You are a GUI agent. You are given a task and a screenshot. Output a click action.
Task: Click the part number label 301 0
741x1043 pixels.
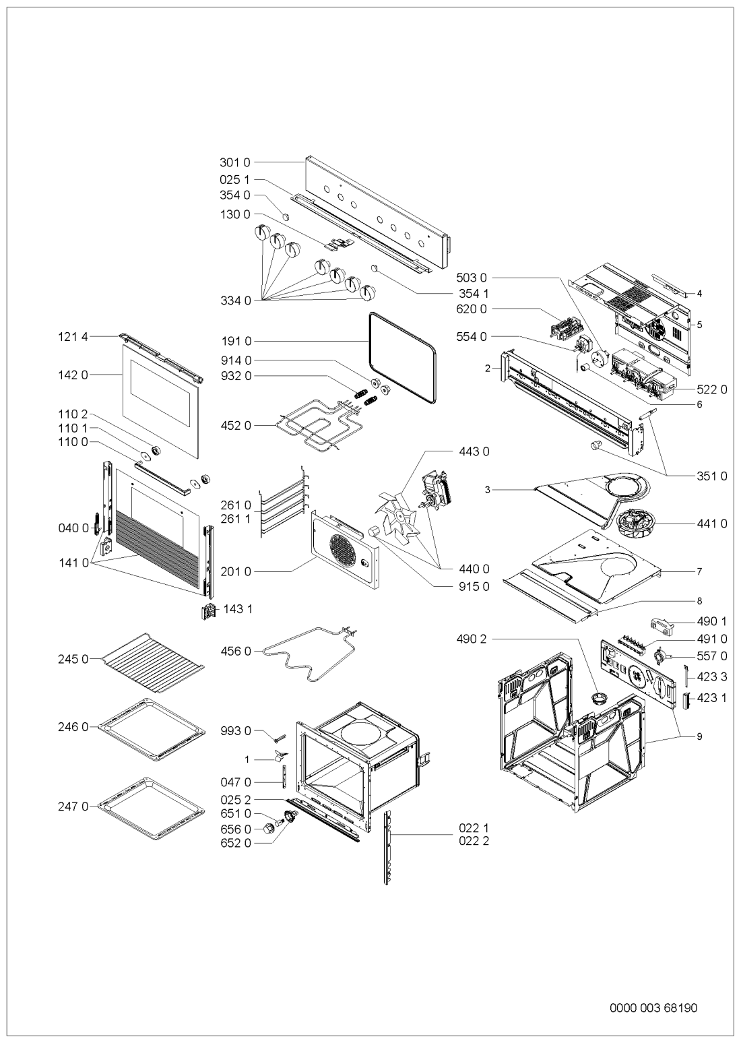[234, 162]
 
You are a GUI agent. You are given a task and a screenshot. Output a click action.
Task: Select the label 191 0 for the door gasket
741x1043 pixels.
[234, 341]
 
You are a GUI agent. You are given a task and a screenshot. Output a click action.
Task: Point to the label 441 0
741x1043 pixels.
[713, 524]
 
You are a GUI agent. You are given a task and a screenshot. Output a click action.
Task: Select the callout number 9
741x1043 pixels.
[700, 736]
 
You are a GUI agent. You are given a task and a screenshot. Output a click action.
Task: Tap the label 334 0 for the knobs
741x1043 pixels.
[234, 301]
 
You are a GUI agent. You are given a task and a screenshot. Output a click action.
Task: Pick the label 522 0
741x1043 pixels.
[713, 390]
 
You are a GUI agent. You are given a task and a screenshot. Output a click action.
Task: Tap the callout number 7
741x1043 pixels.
[700, 571]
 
